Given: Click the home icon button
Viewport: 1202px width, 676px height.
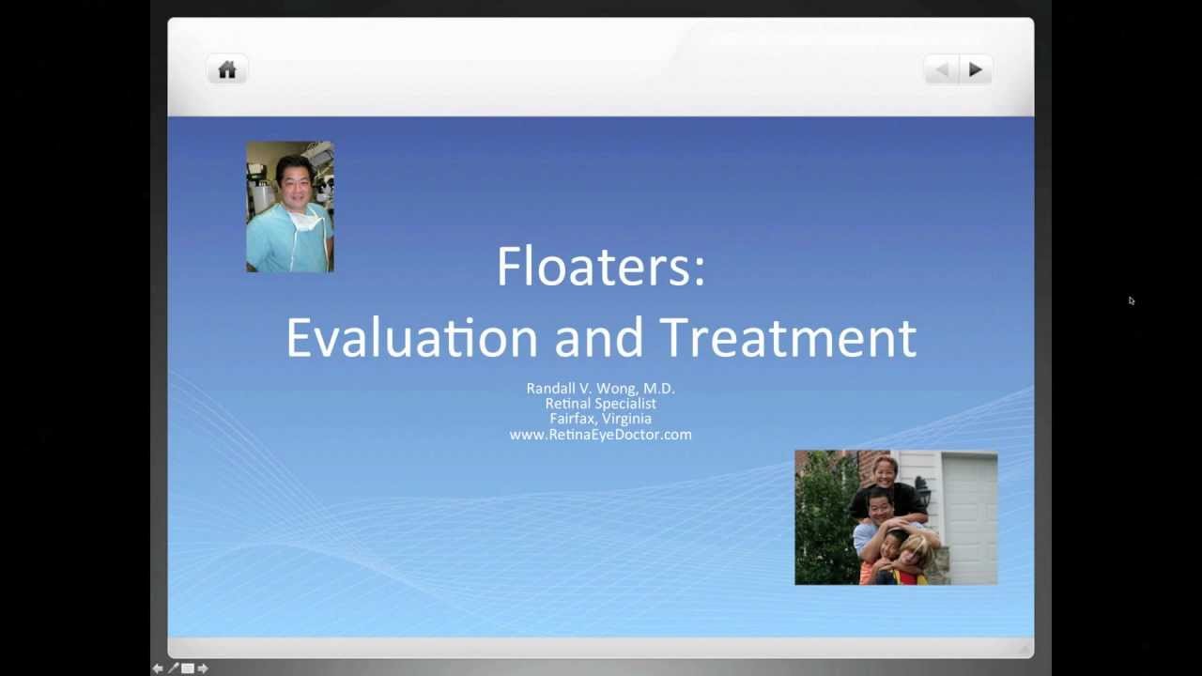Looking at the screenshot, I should point(227,69).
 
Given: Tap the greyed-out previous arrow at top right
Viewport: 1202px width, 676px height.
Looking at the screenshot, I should point(942,69).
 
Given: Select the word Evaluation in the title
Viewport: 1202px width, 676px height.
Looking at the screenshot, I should point(411,337).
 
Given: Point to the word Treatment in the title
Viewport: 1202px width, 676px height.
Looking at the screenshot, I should point(787,337).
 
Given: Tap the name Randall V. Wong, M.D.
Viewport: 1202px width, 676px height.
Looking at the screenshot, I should point(600,388).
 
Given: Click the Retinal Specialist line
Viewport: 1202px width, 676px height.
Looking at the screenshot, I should point(600,404).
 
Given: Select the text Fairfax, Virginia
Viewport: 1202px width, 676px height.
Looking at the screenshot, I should point(600,419).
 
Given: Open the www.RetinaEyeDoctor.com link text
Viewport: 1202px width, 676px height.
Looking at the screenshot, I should point(600,435).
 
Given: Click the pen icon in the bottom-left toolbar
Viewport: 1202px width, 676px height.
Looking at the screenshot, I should point(173,668).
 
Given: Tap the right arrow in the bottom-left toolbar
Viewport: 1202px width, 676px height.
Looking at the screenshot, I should point(203,668).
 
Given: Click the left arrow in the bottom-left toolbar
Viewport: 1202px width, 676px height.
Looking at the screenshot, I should point(158,668).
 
